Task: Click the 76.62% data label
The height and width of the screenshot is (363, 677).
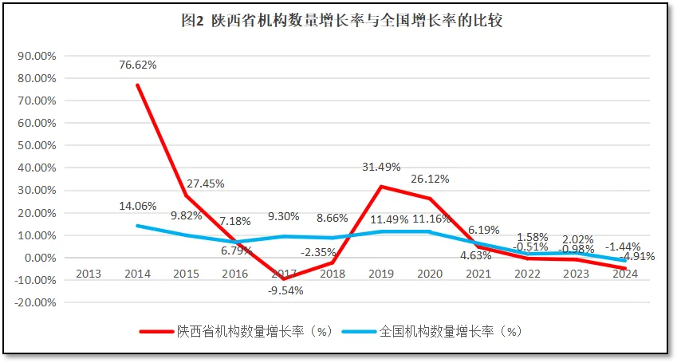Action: click(x=138, y=65)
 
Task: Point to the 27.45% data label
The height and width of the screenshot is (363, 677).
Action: click(x=206, y=183)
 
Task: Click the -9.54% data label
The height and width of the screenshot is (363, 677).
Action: click(x=285, y=290)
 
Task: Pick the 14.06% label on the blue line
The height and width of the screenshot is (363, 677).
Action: click(x=138, y=205)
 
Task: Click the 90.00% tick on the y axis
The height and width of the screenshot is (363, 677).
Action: click(x=37, y=56)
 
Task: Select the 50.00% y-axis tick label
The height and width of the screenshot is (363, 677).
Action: click(x=37, y=146)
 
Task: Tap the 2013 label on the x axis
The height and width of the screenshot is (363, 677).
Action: click(x=89, y=273)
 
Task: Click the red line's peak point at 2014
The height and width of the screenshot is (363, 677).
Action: click(x=138, y=85)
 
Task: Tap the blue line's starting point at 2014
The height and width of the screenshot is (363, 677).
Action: click(x=138, y=226)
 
